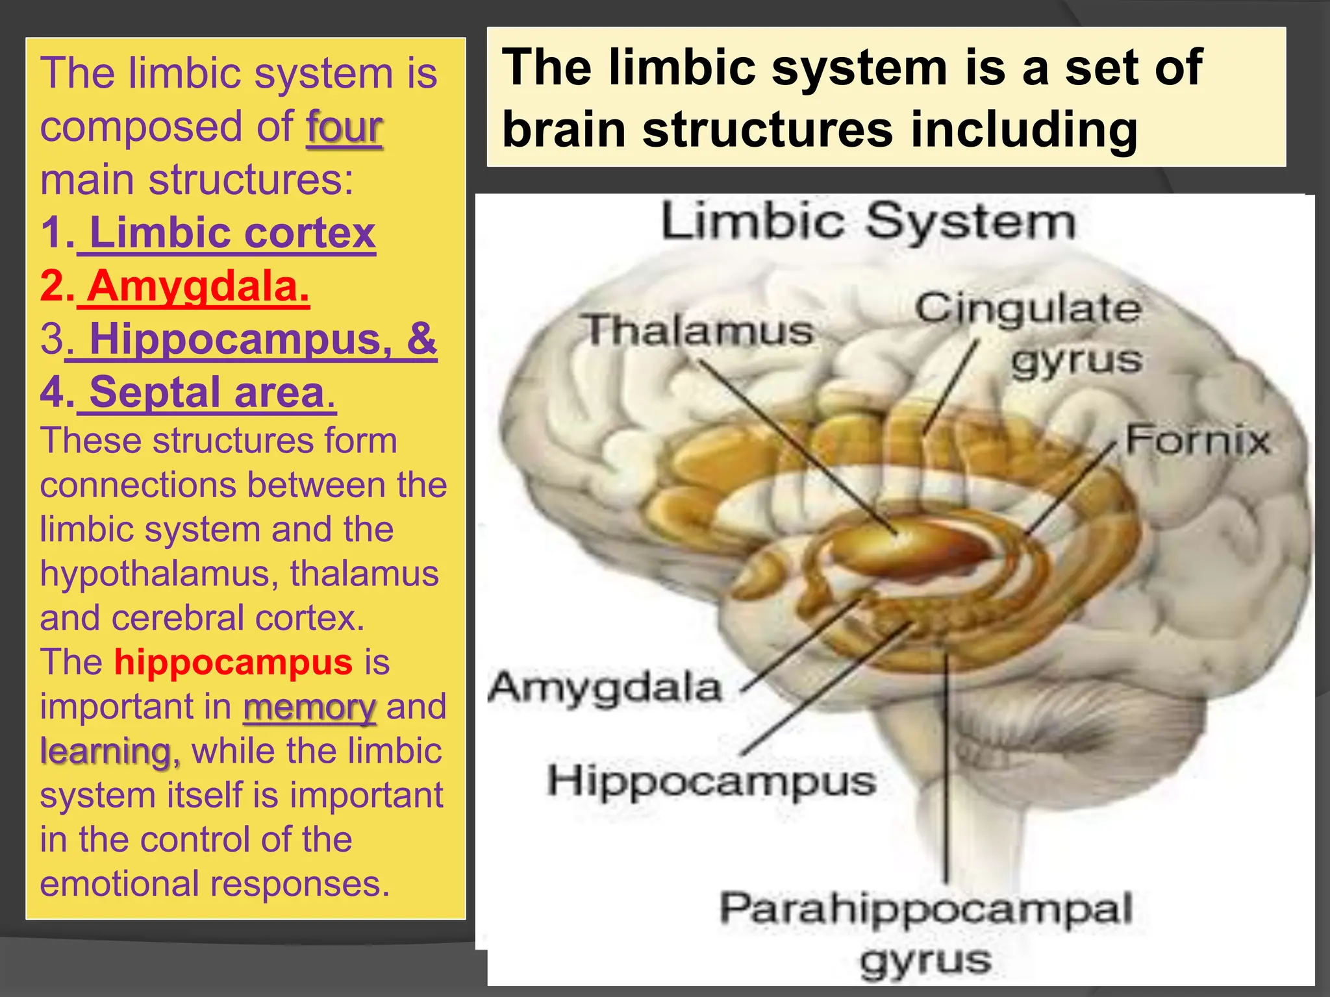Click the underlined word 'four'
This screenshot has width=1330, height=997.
[344, 127]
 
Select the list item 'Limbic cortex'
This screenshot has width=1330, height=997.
[232, 233]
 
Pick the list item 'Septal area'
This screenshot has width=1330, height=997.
[207, 392]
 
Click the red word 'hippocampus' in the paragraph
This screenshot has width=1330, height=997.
[233, 663]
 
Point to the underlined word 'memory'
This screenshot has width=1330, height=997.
[309, 708]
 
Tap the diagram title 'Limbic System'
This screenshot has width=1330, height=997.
[868, 222]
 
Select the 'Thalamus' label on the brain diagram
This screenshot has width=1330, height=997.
[698, 330]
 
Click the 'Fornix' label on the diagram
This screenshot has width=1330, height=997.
[1197, 440]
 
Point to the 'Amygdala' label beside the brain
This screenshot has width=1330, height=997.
[605, 687]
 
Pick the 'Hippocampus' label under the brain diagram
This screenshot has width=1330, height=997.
[711, 780]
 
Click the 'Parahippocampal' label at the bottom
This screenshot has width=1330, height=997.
[926, 908]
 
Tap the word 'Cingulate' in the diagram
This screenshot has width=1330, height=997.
[1027, 308]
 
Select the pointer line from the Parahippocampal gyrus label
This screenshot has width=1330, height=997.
[946, 766]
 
